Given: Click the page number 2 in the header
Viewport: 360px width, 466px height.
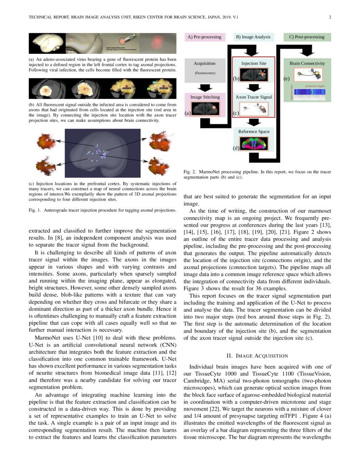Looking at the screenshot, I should tap(330, 17).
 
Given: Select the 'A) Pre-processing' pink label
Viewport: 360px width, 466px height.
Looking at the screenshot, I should tap(204, 37).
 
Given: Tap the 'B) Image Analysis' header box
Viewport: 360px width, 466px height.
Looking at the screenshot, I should tap(253, 37).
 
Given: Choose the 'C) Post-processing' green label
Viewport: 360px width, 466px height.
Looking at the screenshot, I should tap(307, 37).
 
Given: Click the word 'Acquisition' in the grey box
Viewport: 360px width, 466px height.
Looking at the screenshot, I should tap(205, 64).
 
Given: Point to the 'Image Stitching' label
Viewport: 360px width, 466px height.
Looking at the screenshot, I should tap(205, 97).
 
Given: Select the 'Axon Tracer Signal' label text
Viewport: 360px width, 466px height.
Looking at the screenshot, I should tap(254, 97).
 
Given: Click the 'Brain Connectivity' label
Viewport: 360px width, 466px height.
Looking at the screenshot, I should tap(307, 64).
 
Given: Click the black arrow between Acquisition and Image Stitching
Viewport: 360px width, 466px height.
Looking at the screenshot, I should tap(205, 87).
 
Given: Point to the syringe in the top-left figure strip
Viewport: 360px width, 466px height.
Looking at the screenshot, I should tap(125, 41).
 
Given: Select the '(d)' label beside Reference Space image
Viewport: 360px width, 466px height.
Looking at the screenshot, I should tap(236, 148).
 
